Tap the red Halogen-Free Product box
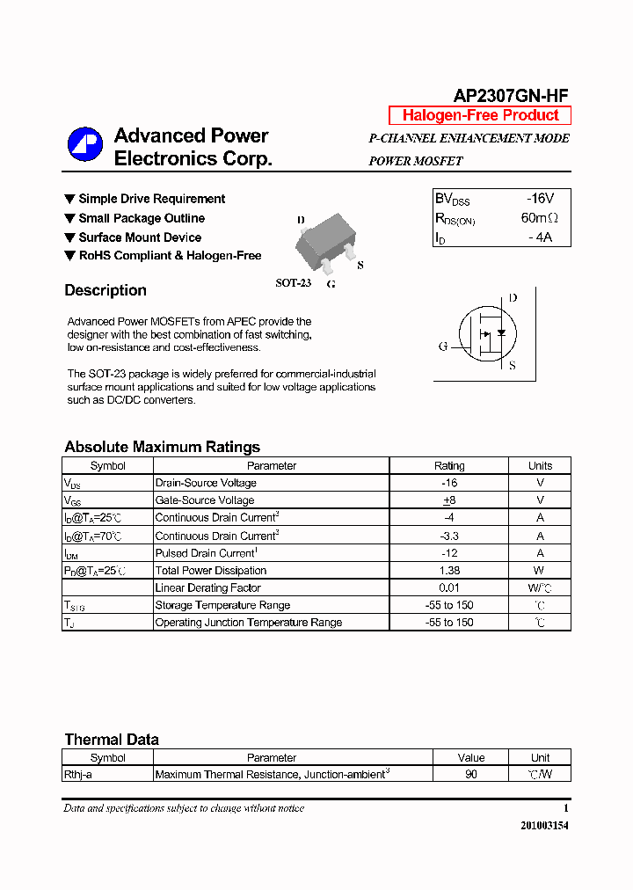pos(480,115)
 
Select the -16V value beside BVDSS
pos(540,199)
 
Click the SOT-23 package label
pos(294,283)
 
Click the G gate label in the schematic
pos(443,347)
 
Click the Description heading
pos(105,290)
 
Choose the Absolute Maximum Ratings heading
pos(162,447)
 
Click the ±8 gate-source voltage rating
pos(449,500)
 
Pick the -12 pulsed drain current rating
pos(449,553)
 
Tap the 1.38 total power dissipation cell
pos(449,571)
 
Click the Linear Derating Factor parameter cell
pos(207,587)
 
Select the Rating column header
pos(449,466)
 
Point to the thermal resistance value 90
pos(471,775)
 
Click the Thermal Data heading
pos(112,740)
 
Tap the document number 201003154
pos(544,826)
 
